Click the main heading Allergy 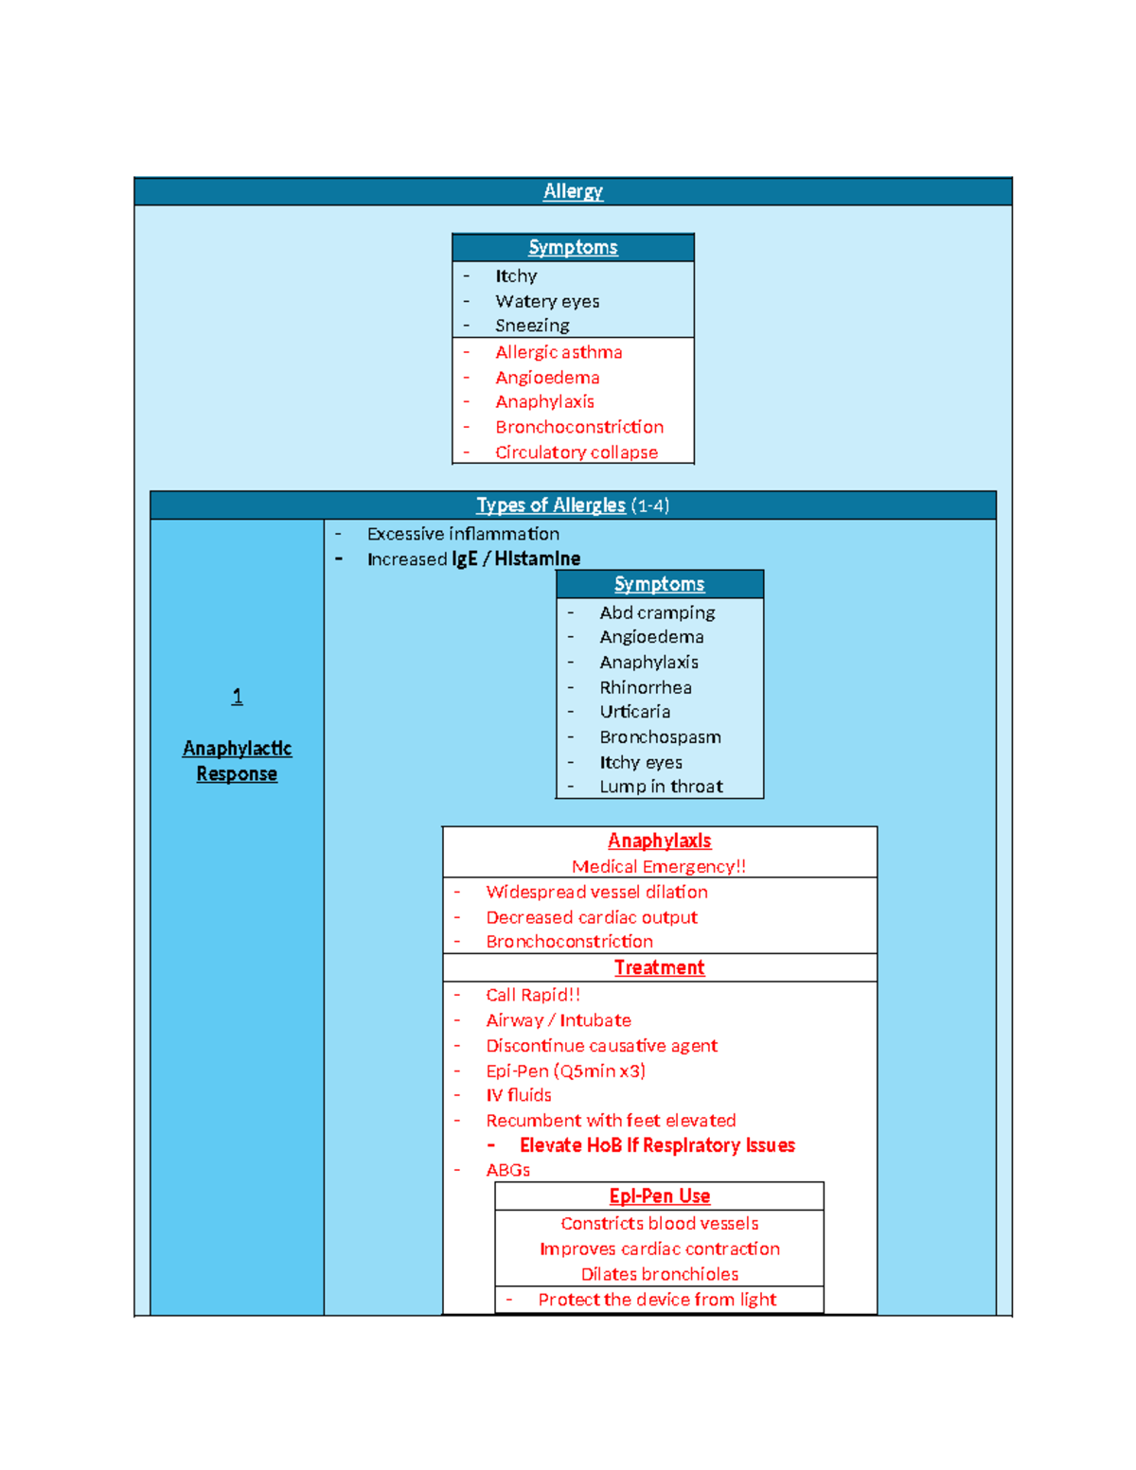[573, 191]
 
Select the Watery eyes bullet [546, 301]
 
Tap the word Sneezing [532, 326]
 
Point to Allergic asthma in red [559, 352]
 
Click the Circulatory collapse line [576, 452]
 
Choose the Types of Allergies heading [551, 505]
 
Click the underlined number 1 [237, 696]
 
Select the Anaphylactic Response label [237, 761]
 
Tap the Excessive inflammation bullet [463, 534]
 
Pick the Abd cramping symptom [657, 612]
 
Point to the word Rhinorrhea [646, 687]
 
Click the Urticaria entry [634, 712]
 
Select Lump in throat [661, 786]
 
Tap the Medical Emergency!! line [658, 867]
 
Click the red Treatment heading [659, 967]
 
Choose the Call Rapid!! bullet [533, 995]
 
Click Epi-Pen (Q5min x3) [565, 1071]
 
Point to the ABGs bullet [507, 1170]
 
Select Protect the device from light [657, 1300]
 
